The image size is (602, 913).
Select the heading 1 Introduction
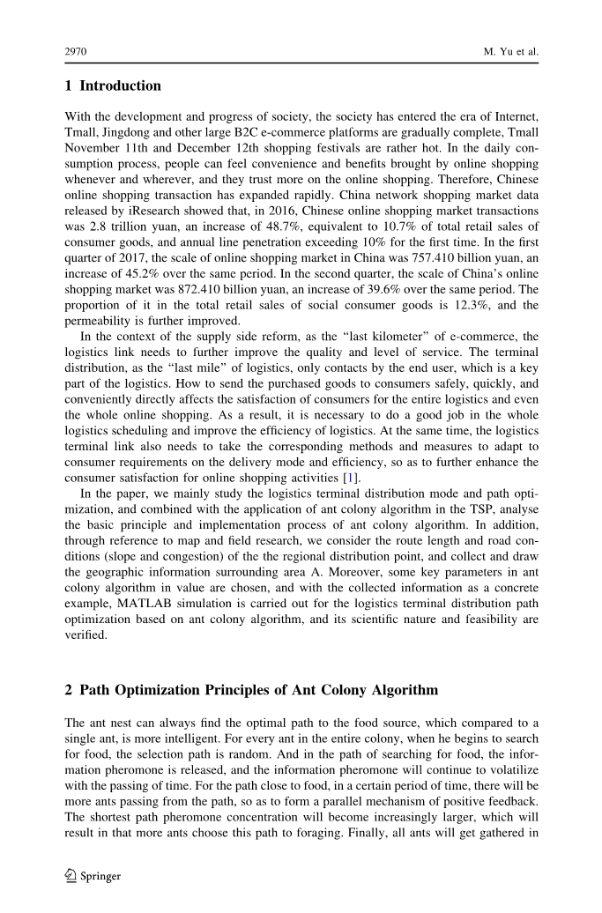113,86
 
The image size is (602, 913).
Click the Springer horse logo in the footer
71,876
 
